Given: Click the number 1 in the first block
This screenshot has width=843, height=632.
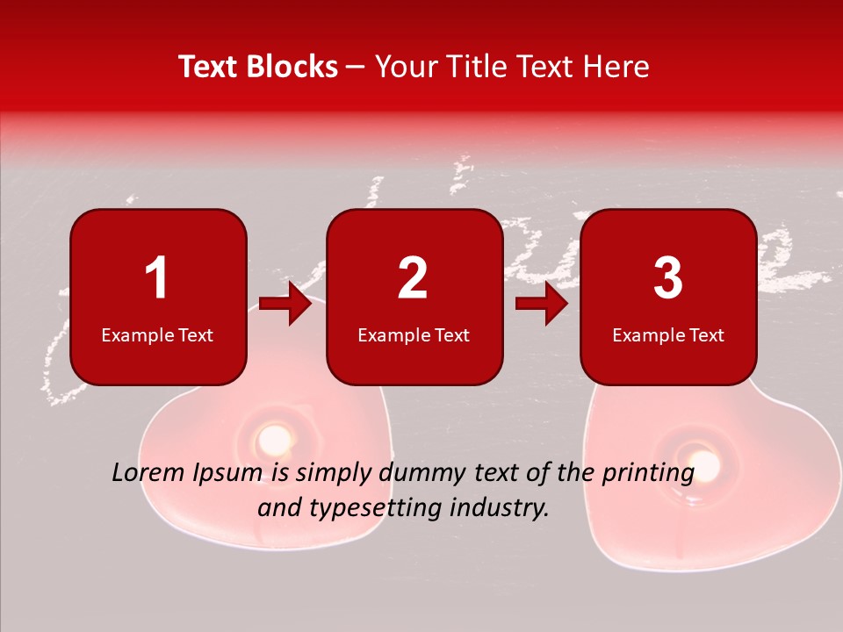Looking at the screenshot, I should tap(156, 278).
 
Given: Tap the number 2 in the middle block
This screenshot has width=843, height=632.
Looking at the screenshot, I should tap(413, 278).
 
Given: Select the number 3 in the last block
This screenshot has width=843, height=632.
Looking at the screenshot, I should tap(668, 278).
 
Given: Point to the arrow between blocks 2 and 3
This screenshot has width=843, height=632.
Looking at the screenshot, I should tap(542, 305).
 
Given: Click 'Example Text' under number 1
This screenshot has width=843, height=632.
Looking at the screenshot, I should tap(157, 335).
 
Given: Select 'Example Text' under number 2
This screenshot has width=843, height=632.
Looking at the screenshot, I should tap(414, 335).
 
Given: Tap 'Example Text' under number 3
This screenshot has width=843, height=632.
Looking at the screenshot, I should tap(668, 335).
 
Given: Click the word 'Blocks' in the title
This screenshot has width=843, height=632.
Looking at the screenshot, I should tap(292, 67).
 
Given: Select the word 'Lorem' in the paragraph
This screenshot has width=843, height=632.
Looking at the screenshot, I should tap(148, 473).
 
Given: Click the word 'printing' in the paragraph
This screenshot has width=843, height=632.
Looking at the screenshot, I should tap(648, 475).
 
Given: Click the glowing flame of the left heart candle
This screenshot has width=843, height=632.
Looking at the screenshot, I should tap(274, 436).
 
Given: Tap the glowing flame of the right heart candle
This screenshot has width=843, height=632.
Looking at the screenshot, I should tap(704, 462).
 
